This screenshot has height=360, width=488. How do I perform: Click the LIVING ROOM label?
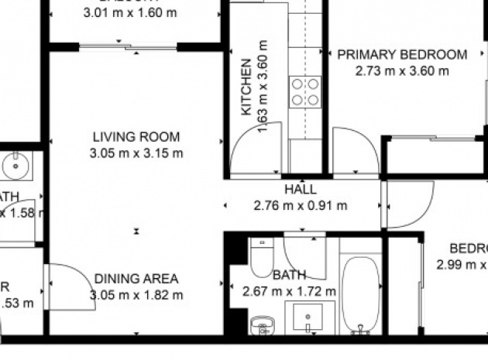(136, 137)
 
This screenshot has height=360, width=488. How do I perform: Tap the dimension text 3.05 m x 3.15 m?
(136, 153)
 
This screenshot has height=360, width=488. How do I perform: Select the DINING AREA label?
(136, 279)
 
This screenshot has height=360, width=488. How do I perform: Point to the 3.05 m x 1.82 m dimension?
(136, 294)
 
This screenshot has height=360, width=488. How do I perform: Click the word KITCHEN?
(246, 87)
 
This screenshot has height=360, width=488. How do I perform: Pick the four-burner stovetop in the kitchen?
(305, 91)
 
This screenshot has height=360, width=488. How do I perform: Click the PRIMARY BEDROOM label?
(402, 55)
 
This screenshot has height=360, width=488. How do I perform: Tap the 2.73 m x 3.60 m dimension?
(402, 70)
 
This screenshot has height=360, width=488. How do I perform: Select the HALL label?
(300, 189)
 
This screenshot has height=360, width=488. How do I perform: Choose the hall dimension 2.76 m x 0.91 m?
(300, 205)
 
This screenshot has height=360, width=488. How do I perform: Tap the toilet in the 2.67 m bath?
(260, 256)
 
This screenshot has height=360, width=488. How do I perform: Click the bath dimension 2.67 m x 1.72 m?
(289, 291)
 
